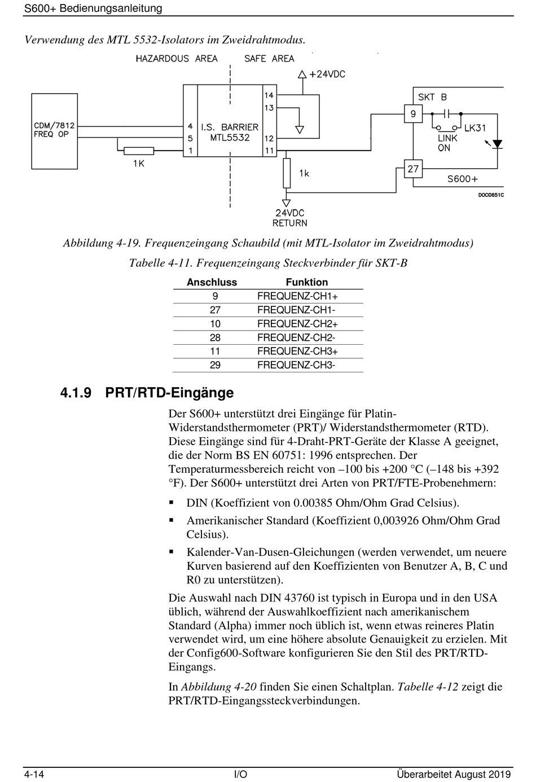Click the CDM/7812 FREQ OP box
55,131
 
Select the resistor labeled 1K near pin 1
139,151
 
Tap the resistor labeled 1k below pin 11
287,173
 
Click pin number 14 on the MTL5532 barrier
269,95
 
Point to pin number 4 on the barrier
190,126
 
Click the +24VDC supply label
327,74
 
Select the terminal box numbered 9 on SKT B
413,114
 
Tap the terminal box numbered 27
413,169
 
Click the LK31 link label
475,128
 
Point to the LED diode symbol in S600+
497,144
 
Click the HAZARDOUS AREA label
177,59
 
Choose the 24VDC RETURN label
290,218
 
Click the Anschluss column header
212,282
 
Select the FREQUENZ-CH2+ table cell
297,324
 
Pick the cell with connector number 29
215,365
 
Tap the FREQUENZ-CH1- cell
296,310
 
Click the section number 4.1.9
76,393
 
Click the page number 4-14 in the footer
34,774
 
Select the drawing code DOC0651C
491,195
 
